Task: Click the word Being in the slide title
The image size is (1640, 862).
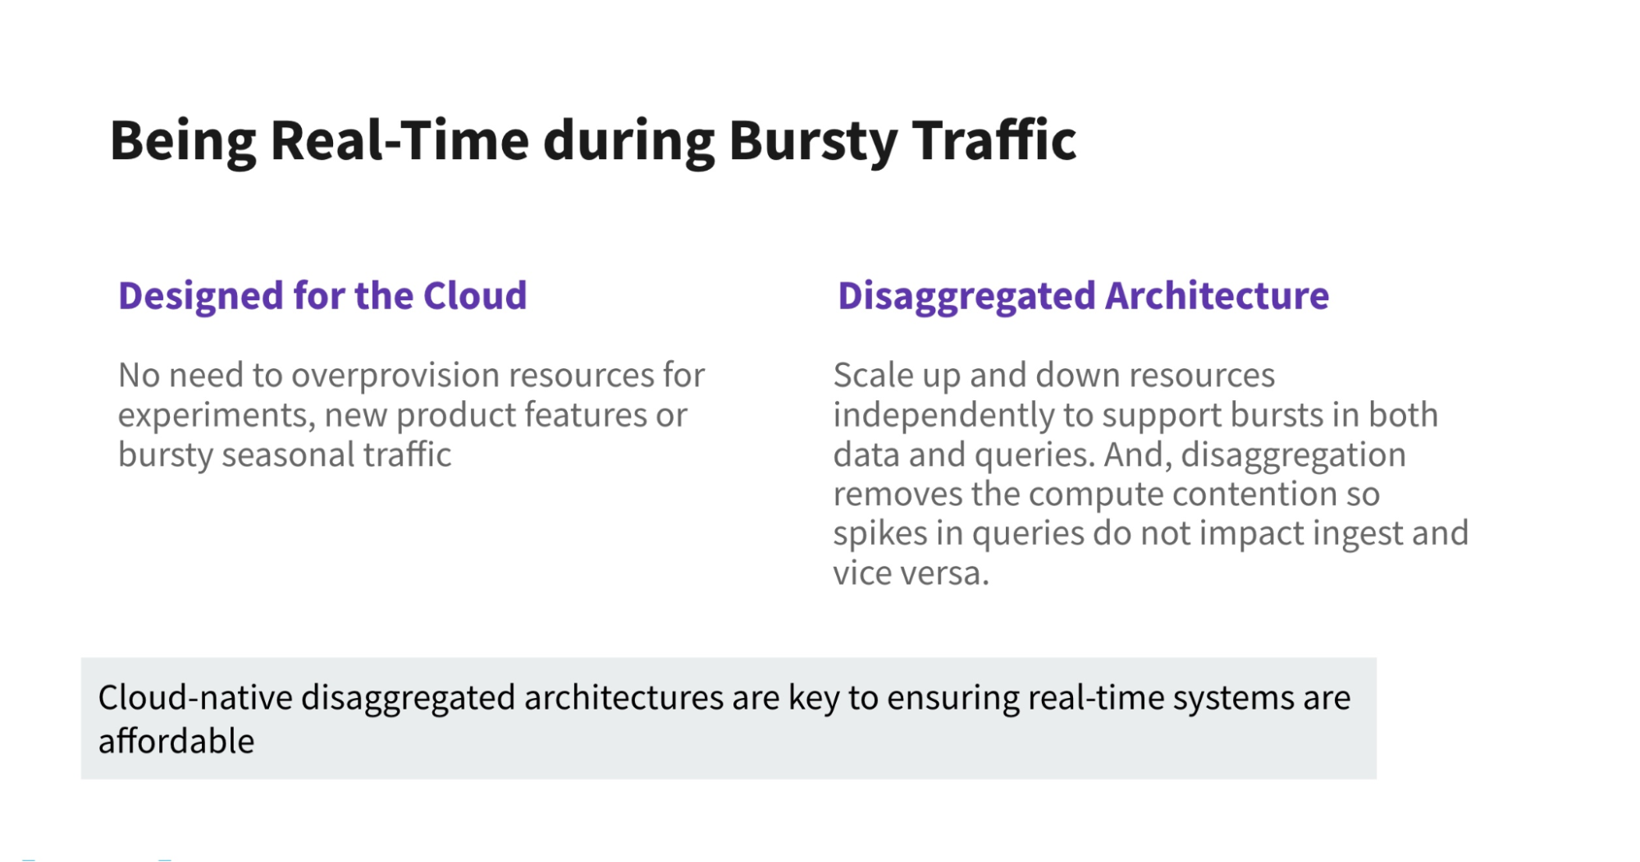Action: coord(183,142)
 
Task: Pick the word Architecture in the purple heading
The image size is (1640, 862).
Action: coord(1217,295)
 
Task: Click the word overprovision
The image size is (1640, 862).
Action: coord(395,376)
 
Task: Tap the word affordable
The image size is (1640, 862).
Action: coord(176,741)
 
